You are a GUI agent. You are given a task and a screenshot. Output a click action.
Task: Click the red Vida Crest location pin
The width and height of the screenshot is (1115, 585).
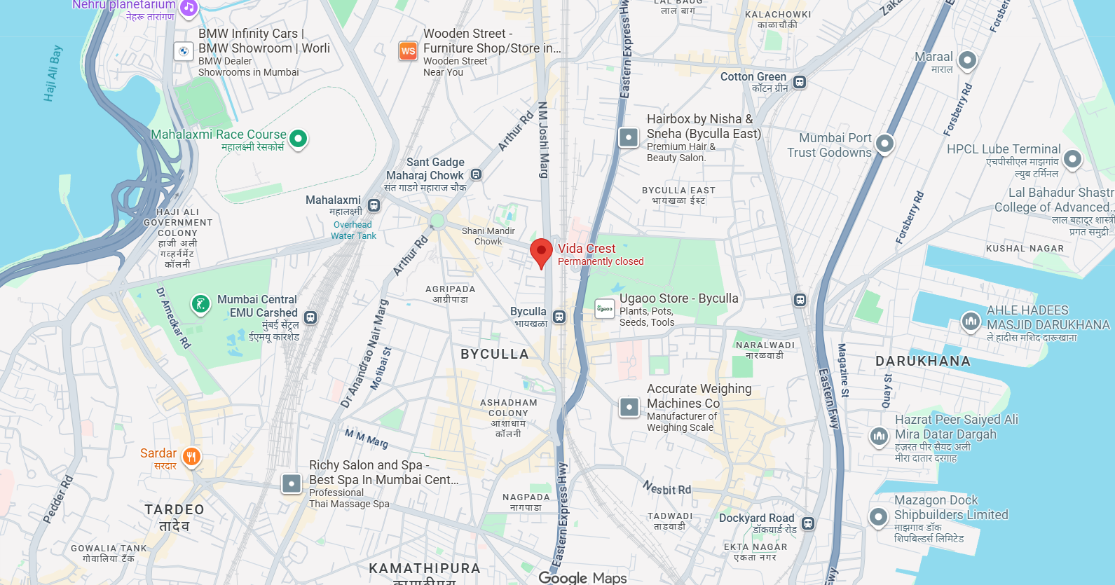541,252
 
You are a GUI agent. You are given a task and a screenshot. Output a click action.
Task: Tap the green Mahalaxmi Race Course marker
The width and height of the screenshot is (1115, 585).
298,139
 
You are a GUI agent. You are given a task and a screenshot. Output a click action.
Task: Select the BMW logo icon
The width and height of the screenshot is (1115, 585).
183,51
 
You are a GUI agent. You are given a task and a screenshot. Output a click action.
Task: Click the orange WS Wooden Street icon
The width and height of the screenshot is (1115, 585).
408,51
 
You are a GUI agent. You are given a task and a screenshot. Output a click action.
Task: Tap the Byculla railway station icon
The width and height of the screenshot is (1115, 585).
559,317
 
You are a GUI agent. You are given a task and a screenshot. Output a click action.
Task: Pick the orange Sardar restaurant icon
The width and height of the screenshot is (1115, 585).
191,457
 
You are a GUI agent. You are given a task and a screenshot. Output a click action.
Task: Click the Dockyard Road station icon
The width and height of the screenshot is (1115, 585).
808,523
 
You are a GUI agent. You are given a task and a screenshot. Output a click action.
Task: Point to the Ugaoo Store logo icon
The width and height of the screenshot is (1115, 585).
605,308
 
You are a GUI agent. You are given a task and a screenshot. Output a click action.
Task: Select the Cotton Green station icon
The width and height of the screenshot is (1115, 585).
800,82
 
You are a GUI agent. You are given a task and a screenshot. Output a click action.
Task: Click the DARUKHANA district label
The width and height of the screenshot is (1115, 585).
923,362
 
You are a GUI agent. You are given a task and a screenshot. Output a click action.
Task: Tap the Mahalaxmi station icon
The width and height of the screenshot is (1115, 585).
374,205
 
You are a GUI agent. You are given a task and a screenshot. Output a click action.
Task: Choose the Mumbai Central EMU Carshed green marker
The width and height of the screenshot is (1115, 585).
200,304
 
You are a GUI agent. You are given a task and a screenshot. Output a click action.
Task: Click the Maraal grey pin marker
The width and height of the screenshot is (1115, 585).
967,60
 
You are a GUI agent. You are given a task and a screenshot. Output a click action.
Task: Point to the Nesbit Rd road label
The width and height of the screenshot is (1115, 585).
666,488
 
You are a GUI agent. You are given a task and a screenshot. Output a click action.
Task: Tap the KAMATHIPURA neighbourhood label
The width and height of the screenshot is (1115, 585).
425,568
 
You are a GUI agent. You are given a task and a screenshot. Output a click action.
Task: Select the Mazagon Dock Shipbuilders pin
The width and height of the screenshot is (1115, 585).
878,517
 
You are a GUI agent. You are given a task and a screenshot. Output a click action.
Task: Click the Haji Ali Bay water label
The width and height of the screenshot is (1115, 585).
53,74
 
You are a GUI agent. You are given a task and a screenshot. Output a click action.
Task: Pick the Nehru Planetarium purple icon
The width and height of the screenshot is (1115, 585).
189,8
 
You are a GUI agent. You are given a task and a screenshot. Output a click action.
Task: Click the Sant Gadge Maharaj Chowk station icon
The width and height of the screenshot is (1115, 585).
476,174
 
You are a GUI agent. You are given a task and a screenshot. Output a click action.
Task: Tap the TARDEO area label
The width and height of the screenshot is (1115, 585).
175,510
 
